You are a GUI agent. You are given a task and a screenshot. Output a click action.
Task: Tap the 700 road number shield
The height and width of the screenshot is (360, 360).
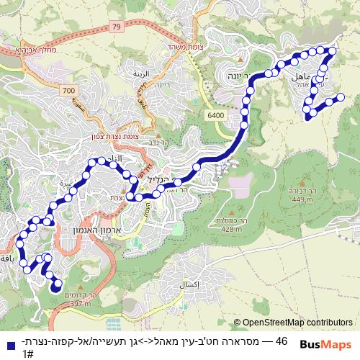point(69,90)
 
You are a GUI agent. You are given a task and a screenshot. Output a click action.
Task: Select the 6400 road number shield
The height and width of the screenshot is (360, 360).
point(215,115)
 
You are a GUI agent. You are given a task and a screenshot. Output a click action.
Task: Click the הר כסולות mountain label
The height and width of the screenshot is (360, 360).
point(232,221)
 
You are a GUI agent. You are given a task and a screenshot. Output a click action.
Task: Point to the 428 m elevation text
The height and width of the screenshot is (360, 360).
point(232,229)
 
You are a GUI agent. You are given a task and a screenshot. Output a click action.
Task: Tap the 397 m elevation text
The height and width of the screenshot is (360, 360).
point(81,304)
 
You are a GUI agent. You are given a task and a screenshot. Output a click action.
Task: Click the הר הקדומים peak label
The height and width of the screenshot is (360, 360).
point(81,296)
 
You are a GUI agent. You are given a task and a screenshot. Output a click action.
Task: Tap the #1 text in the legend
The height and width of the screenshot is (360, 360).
point(27,354)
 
